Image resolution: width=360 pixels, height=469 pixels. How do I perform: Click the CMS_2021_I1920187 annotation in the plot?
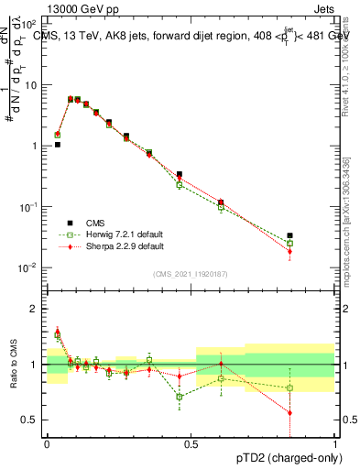(191, 274)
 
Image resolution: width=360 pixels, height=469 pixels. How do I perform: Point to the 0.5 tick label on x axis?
(191, 442)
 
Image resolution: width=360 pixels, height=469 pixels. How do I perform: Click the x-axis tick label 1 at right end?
(335, 442)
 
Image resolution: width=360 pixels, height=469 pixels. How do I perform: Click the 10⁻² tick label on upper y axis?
(30, 267)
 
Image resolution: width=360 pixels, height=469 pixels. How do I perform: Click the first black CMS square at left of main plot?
(57, 145)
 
